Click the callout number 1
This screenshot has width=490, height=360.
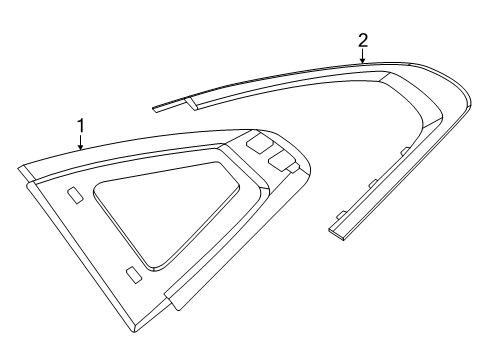(81, 126)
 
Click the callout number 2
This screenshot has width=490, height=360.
(363, 40)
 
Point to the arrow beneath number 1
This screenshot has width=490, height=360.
(80, 142)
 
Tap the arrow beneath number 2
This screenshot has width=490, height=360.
(363, 55)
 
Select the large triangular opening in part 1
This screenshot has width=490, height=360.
(167, 213)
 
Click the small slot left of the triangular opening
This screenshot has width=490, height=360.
(75, 196)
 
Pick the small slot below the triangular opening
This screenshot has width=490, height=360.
(134, 275)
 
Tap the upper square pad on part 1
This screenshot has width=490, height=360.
(259, 144)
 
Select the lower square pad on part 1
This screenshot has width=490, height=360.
(281, 162)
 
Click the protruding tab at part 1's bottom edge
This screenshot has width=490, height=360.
(176, 298)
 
